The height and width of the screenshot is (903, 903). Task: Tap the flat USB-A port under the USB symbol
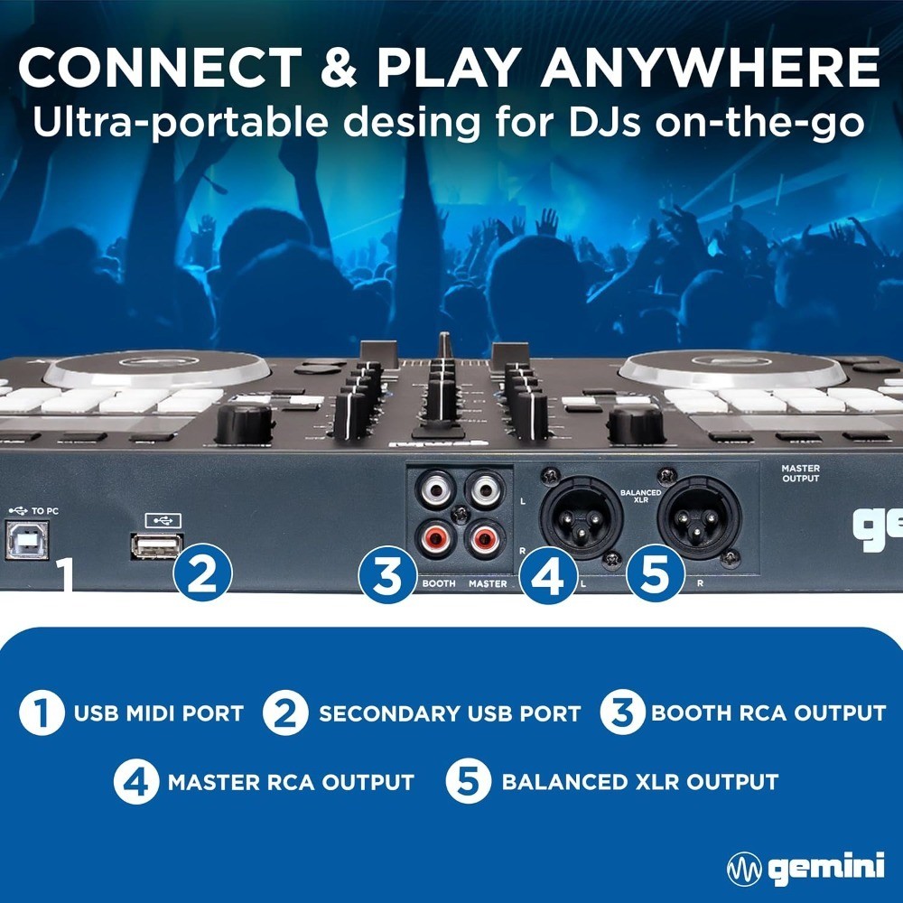pos(156,545)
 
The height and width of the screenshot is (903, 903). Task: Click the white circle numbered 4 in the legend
pos(136,781)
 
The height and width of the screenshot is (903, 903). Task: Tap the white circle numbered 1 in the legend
pos(42,713)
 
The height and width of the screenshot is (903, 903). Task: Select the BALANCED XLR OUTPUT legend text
pos(639,781)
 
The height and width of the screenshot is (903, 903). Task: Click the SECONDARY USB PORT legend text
pos(450,713)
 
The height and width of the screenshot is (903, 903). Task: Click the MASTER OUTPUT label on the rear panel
pos(801,472)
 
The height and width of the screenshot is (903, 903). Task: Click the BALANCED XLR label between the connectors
pos(641,495)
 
